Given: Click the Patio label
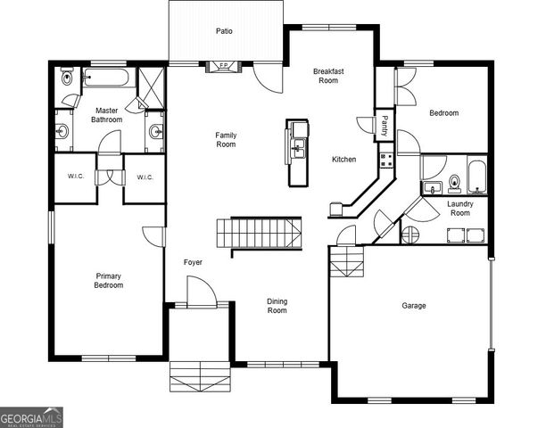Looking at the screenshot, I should (224, 31).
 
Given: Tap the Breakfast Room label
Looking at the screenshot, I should (328, 75).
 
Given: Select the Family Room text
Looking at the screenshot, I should (226, 139).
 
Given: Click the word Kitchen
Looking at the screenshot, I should (343, 160).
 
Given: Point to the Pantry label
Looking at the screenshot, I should (385, 124).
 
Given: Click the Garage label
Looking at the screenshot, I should (413, 306).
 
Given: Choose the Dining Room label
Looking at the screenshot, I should (277, 306).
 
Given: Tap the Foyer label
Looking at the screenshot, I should (193, 263).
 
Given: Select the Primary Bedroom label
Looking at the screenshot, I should (108, 281).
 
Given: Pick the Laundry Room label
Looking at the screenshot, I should (459, 209).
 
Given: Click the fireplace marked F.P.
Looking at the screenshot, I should (219, 66).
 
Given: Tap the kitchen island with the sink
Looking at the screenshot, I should (296, 152).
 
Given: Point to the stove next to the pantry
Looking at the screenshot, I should (386, 160).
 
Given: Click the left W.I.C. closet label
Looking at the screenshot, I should (75, 177).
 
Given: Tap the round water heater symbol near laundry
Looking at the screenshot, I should (411, 235).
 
